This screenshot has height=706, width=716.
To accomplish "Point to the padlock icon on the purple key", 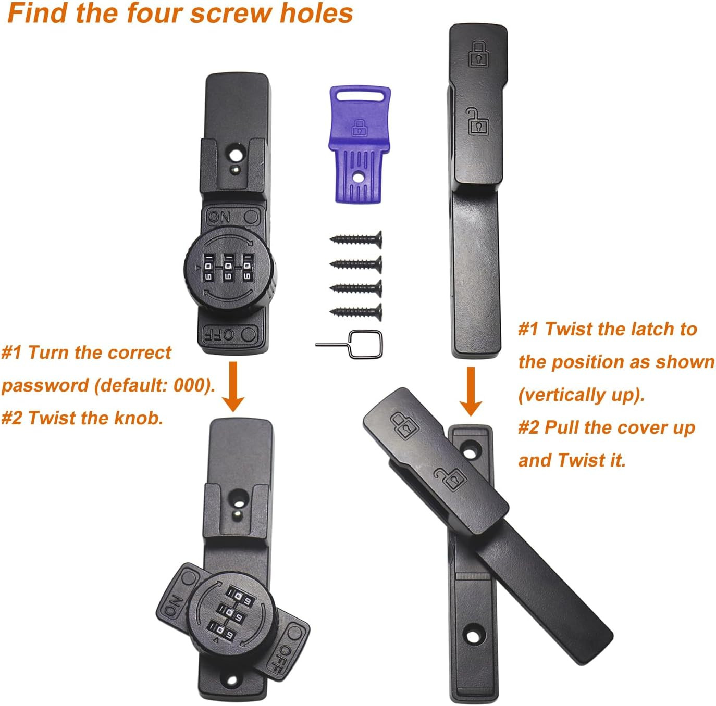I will (x=359, y=128).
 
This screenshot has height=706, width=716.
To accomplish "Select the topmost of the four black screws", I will (x=356, y=239).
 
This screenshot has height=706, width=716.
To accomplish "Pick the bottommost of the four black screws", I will (x=356, y=312).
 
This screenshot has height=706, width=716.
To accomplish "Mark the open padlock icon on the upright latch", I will (x=478, y=121).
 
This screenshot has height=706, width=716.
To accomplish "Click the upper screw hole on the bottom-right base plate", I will (x=471, y=448).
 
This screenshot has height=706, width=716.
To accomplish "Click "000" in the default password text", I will (x=191, y=385).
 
